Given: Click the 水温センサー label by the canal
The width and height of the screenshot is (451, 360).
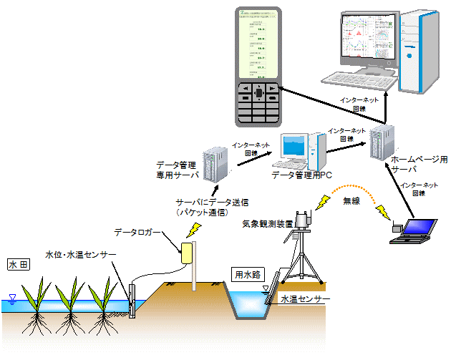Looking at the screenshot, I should (x=304, y=299).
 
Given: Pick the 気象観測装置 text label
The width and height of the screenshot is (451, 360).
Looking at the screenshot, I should (x=267, y=223).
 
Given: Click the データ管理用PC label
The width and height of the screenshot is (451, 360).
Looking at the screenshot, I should (x=299, y=175).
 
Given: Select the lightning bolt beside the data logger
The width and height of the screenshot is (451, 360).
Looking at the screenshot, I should (x=193, y=229).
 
